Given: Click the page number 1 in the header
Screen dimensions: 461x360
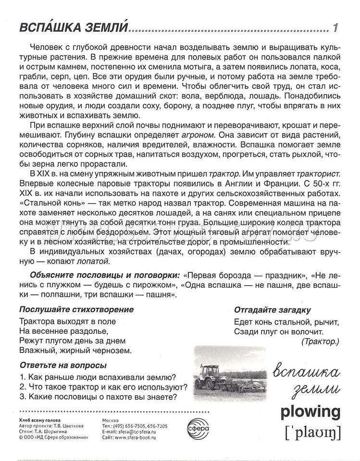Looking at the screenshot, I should (x=335, y=28).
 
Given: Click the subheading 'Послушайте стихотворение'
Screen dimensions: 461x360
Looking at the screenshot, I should (x=76, y=309).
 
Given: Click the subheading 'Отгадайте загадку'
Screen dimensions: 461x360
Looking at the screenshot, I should (x=272, y=310).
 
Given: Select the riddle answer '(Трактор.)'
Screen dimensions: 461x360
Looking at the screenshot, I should (x=321, y=341).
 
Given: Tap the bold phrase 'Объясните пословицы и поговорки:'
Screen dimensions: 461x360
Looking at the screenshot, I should (x=105, y=275).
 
